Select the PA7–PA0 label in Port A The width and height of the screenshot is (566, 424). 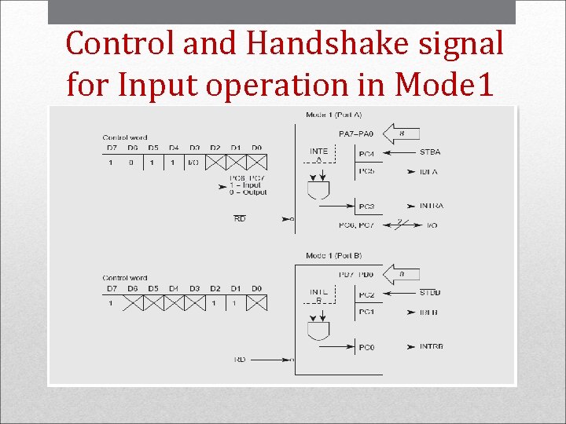click(x=356, y=134)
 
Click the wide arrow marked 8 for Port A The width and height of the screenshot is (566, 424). click(x=403, y=134)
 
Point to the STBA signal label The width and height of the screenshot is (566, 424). click(x=430, y=152)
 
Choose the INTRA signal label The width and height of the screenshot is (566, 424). click(x=431, y=206)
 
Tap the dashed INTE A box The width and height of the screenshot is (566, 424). click(x=319, y=155)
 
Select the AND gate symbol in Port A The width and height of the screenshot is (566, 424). click(x=318, y=189)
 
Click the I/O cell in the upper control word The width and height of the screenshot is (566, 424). click(x=193, y=163)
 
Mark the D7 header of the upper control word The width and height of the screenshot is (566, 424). click(x=112, y=147)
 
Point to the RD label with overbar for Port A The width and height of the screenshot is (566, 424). click(x=240, y=219)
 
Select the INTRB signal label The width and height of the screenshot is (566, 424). click(x=431, y=346)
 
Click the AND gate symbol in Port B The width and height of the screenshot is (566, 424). click(x=318, y=331)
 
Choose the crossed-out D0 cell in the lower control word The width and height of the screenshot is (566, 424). click(x=256, y=302)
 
